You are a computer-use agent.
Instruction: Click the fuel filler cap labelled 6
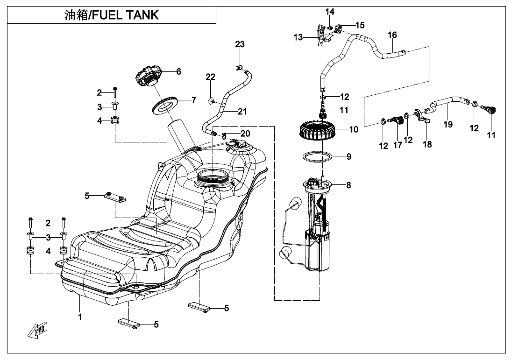149,76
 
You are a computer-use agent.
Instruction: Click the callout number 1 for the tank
80,318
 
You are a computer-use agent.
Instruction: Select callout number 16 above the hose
392,35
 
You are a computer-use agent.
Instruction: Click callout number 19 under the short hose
448,125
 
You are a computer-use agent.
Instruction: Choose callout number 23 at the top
240,44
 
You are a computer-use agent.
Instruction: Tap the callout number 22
211,77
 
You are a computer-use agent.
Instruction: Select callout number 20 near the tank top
245,134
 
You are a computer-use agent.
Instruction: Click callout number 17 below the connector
398,145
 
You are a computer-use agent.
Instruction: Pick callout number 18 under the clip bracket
427,144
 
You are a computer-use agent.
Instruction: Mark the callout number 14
330,11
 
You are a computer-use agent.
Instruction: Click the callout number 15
360,25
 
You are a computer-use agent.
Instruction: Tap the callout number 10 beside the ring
354,129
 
